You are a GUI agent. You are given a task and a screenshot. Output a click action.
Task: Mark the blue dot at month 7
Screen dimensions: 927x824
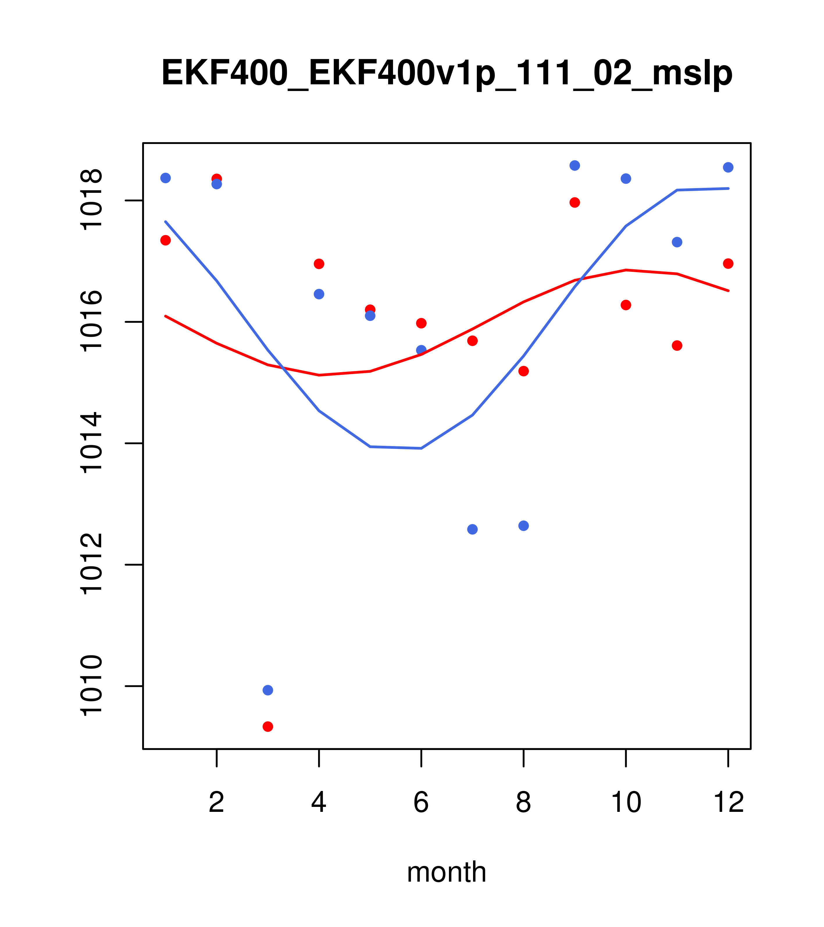point(472,529)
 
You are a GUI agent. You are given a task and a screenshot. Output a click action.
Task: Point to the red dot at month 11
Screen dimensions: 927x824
point(677,345)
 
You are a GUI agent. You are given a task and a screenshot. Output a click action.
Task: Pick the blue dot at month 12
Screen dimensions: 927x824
point(728,167)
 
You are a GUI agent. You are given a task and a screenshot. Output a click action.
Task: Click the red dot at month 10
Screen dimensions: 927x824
point(626,305)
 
